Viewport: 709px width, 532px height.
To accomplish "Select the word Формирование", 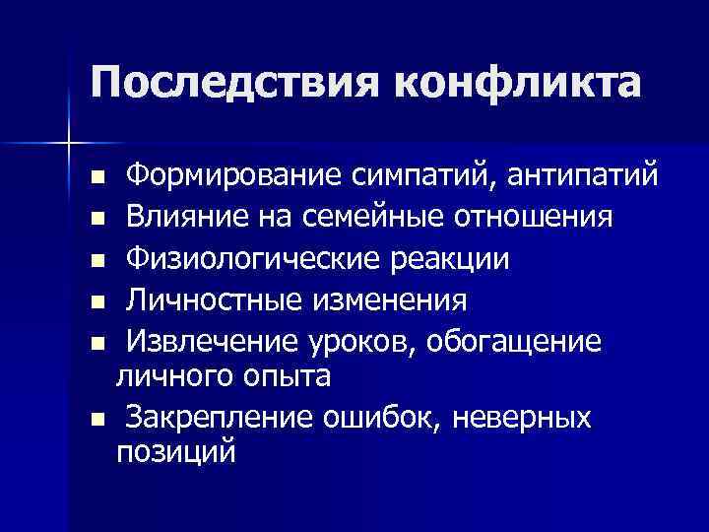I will pos(232,176).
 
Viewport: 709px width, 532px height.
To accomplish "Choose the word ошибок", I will pos(382,417).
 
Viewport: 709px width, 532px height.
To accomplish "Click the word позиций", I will pos(176,453).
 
